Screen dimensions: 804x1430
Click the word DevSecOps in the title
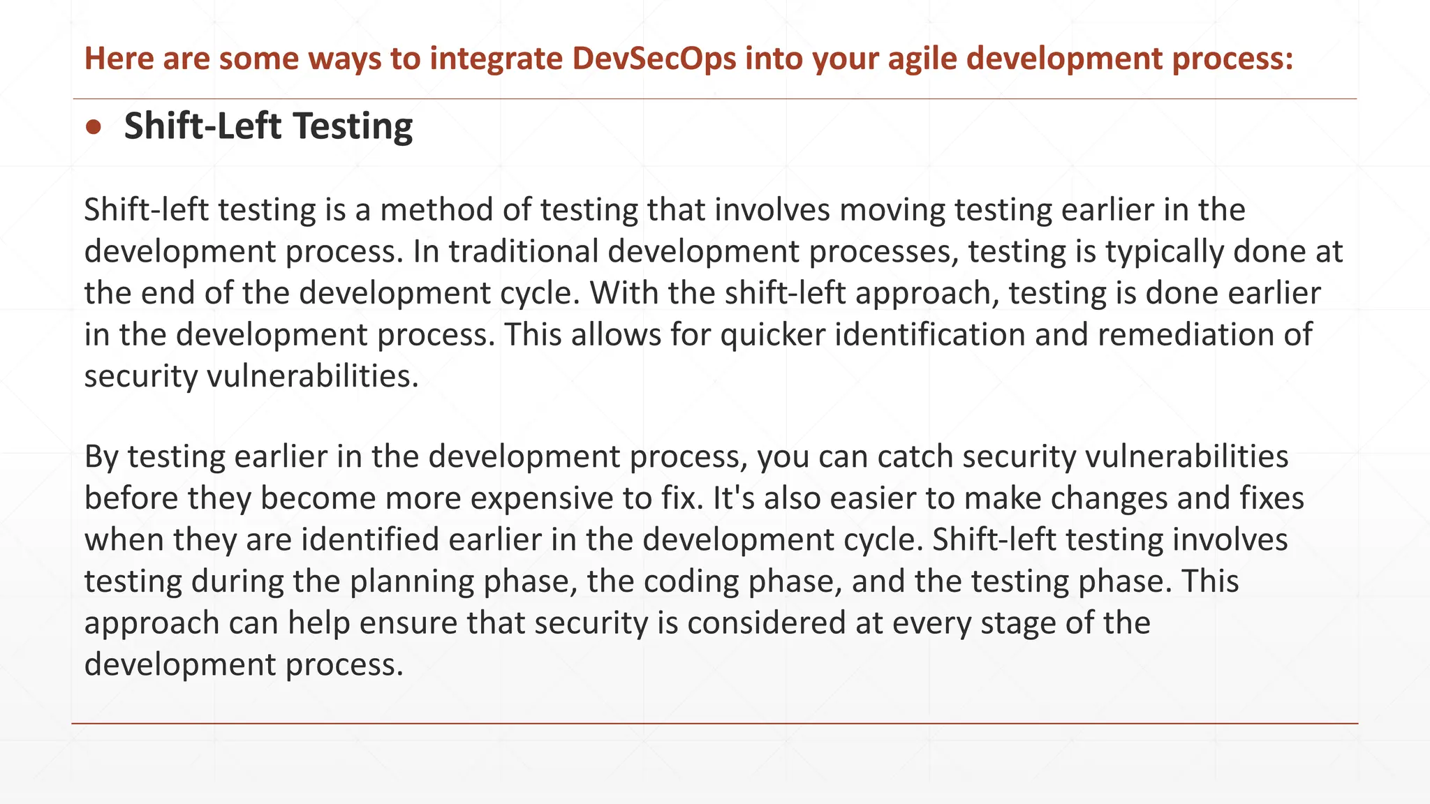(x=654, y=58)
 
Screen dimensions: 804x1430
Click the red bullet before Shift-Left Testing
(x=93, y=127)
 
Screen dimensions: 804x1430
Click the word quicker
(x=773, y=335)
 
